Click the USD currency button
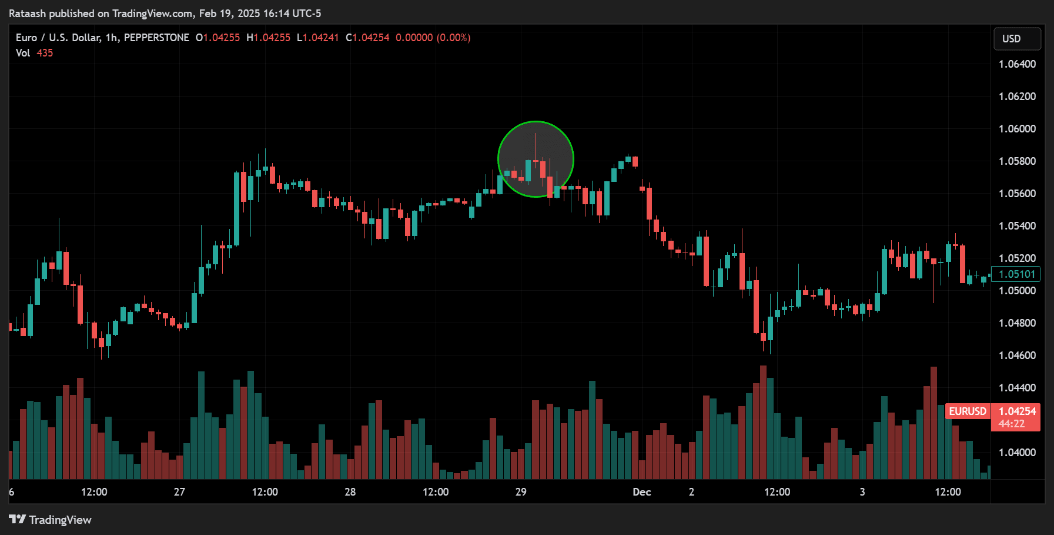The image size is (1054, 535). click(x=1016, y=39)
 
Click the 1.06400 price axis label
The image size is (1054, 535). click(x=1017, y=64)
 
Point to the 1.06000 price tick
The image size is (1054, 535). click(x=1017, y=129)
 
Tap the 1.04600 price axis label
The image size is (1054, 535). click(x=1017, y=355)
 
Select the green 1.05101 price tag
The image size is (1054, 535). click(x=1016, y=274)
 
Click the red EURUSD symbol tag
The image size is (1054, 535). click(x=967, y=411)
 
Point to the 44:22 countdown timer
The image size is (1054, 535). click(x=1011, y=424)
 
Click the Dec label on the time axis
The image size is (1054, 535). click(x=641, y=492)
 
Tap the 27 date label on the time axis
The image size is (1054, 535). click(x=179, y=492)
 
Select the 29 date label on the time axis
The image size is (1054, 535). click(x=521, y=492)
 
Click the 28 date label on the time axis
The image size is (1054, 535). click(x=350, y=492)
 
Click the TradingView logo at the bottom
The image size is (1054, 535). click(x=50, y=520)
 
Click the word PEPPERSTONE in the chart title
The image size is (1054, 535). click(x=156, y=38)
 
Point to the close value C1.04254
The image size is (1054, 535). click(x=367, y=38)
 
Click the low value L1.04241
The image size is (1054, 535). click(x=317, y=38)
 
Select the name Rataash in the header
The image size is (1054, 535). click(x=28, y=14)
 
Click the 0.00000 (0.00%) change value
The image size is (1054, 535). click(x=433, y=38)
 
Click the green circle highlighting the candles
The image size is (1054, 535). click(x=536, y=159)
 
